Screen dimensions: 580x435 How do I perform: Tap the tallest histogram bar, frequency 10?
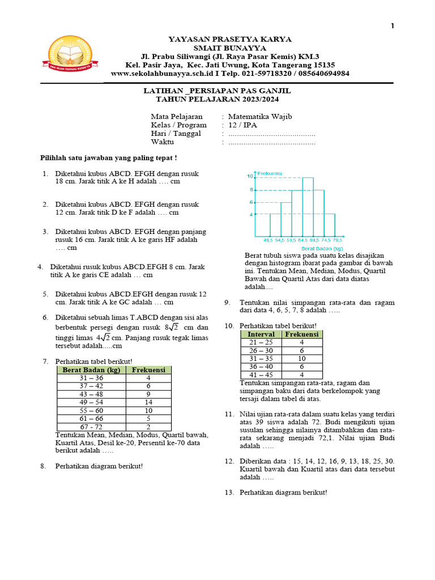click(308, 206)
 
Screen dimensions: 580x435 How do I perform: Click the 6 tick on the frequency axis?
click(251, 202)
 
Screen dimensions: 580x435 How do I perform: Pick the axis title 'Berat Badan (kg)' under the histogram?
click(322, 248)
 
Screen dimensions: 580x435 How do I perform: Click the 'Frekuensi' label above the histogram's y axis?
click(270, 173)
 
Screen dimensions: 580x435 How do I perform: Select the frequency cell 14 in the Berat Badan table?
click(148, 402)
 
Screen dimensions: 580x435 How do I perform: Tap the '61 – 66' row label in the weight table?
click(91, 419)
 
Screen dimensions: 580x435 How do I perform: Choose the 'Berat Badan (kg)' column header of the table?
click(91, 370)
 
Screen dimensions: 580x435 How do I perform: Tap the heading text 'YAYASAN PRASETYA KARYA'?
click(230, 40)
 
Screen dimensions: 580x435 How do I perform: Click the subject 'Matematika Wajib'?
click(259, 117)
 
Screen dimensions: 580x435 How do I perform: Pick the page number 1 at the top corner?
click(392, 27)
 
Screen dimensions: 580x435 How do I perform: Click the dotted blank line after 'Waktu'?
click(272, 143)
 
